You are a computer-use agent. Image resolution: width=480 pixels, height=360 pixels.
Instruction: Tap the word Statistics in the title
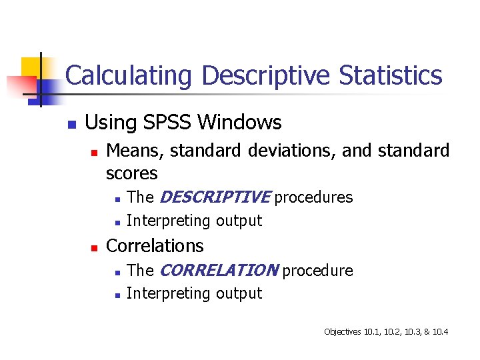(391, 76)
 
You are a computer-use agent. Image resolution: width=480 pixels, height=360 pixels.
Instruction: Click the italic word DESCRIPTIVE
(215, 197)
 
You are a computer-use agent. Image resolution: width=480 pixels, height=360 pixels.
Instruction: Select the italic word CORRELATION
(219, 271)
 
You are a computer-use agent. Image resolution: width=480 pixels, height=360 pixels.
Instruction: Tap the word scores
(131, 174)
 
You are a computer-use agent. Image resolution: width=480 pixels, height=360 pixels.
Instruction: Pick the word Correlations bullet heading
(155, 246)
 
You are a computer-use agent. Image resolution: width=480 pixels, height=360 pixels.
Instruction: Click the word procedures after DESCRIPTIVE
(313, 198)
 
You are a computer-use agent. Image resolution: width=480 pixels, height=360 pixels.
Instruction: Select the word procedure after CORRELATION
(317, 271)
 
